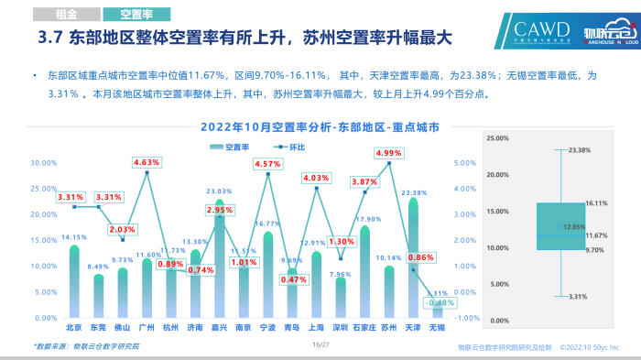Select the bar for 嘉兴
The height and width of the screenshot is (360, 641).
coord(219,259)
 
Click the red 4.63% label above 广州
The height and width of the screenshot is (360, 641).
coord(147,162)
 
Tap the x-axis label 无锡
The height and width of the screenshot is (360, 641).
coord(437,327)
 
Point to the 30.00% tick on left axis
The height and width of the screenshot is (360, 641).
coord(44,163)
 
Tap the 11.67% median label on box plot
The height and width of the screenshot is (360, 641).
coord(597,236)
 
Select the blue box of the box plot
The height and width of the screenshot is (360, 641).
coord(560,225)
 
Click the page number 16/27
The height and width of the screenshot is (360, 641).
coord(320,345)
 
